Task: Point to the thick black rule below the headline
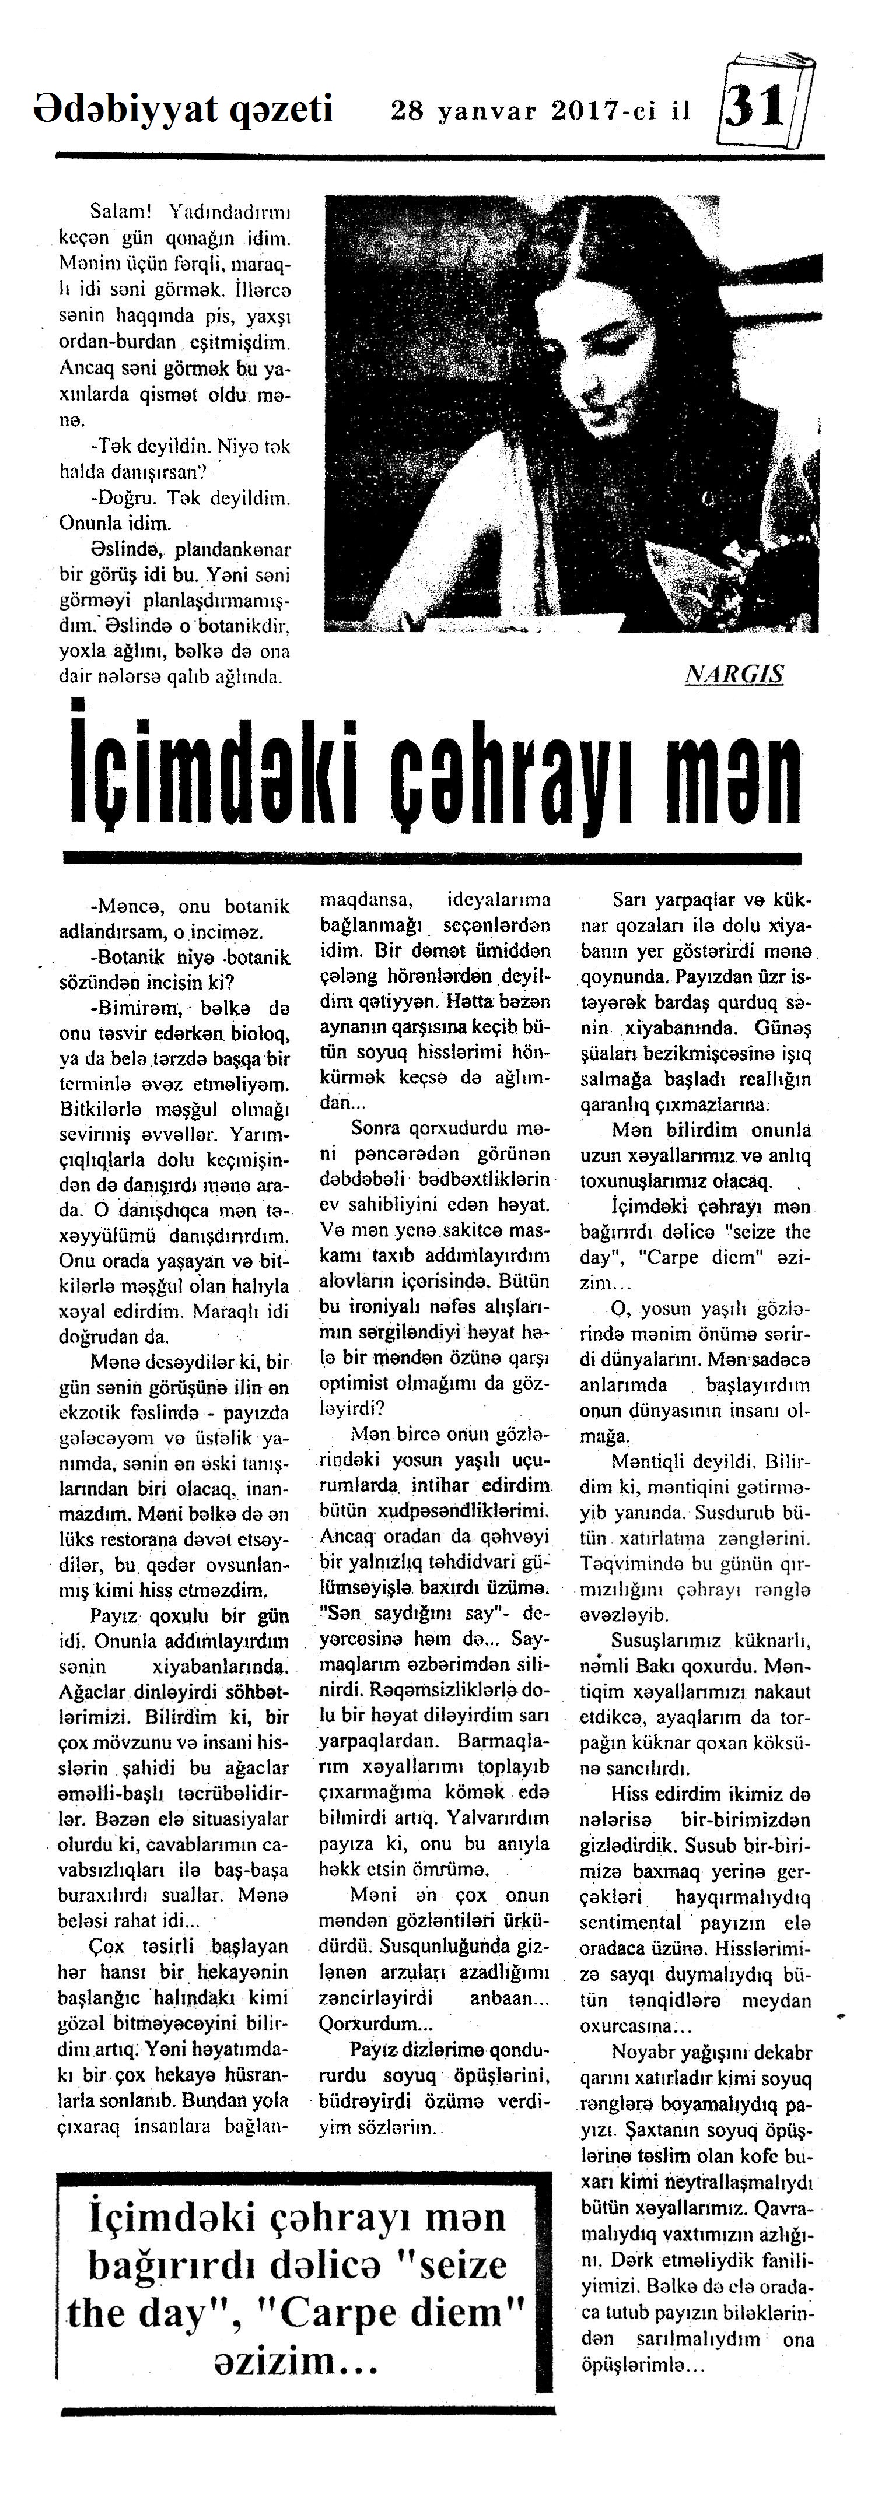coord(430,858)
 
